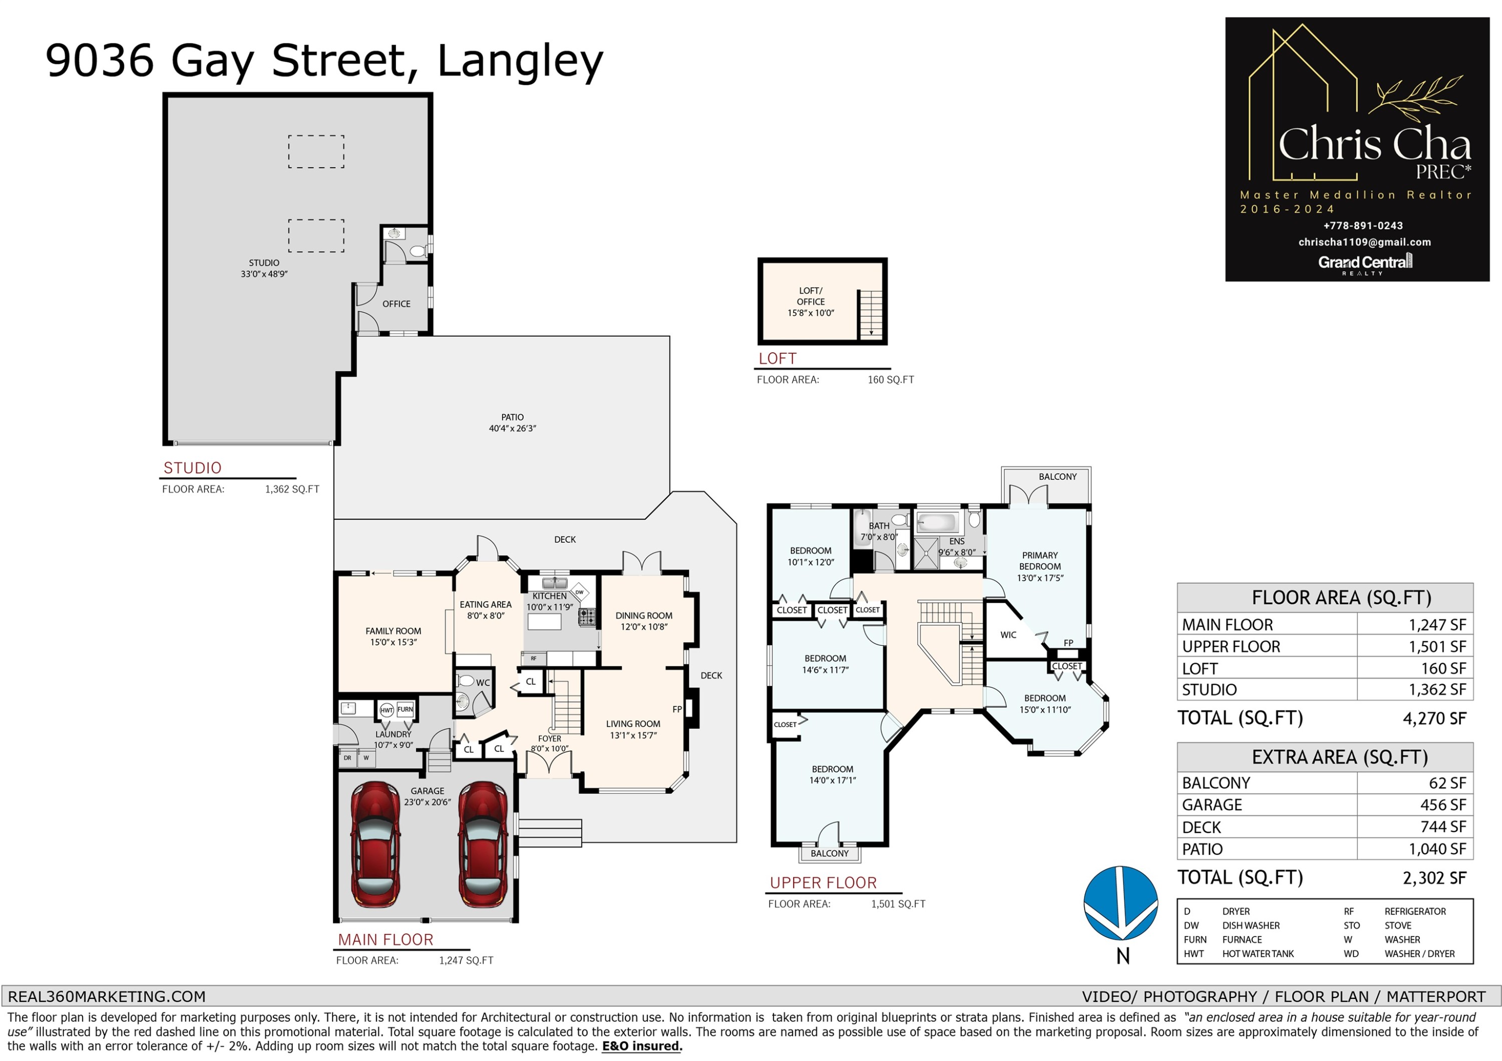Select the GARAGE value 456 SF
click(1443, 805)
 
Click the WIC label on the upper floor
click(1008, 635)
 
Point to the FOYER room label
click(550, 743)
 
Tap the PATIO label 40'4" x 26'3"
click(512, 422)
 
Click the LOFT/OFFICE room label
click(811, 301)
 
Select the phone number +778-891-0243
click(1363, 226)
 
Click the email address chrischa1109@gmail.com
click(1365, 242)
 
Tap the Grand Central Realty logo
click(1365, 264)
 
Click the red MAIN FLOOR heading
click(386, 939)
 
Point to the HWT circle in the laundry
click(387, 710)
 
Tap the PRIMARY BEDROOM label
click(1039, 566)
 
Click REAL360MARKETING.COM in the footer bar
click(107, 996)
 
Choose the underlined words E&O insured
click(642, 1046)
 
